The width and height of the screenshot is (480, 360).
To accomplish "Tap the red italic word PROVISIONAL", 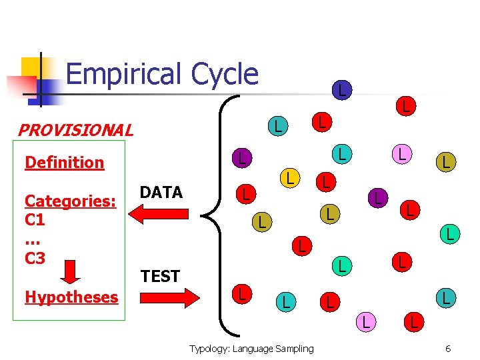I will tap(75, 130).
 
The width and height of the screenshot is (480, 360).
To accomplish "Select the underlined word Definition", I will tap(64, 163).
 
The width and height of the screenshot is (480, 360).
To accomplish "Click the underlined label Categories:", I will tap(71, 201).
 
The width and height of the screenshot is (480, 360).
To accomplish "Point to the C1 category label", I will tap(35, 219).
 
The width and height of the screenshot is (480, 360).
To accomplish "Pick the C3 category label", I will tap(35, 258).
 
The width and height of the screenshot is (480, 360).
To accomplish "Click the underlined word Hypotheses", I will tap(71, 297).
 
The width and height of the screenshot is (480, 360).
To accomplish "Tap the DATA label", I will tap(161, 193).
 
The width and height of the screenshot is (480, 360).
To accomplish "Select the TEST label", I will tap(161, 276).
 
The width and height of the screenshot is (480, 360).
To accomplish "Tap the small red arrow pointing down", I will tap(69, 271).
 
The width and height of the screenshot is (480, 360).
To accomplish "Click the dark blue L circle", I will tap(341, 89).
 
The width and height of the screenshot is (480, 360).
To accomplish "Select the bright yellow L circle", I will tap(289, 177).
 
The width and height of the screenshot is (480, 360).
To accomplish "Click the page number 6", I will tap(449, 349).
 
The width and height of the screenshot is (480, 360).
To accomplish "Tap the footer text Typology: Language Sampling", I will tap(251, 349).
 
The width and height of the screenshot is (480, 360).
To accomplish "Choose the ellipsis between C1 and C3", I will tap(34, 239).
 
